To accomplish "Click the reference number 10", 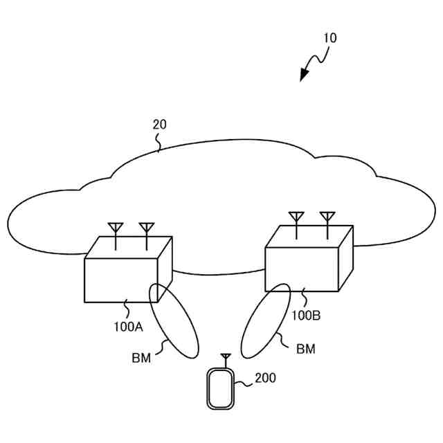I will [330, 38].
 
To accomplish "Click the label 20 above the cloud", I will [159, 125].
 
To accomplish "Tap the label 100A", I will [129, 327].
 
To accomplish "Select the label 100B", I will [305, 315].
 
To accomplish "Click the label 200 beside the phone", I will [265, 378].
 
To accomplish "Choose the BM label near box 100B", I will [305, 349].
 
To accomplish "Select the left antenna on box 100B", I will [296, 219].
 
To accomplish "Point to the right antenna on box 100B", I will [327, 219].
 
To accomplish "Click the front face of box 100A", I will [118, 280].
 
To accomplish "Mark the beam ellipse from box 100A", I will [174, 320].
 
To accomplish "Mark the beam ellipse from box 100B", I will [265, 321].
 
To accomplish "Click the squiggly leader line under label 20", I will [159, 143].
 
